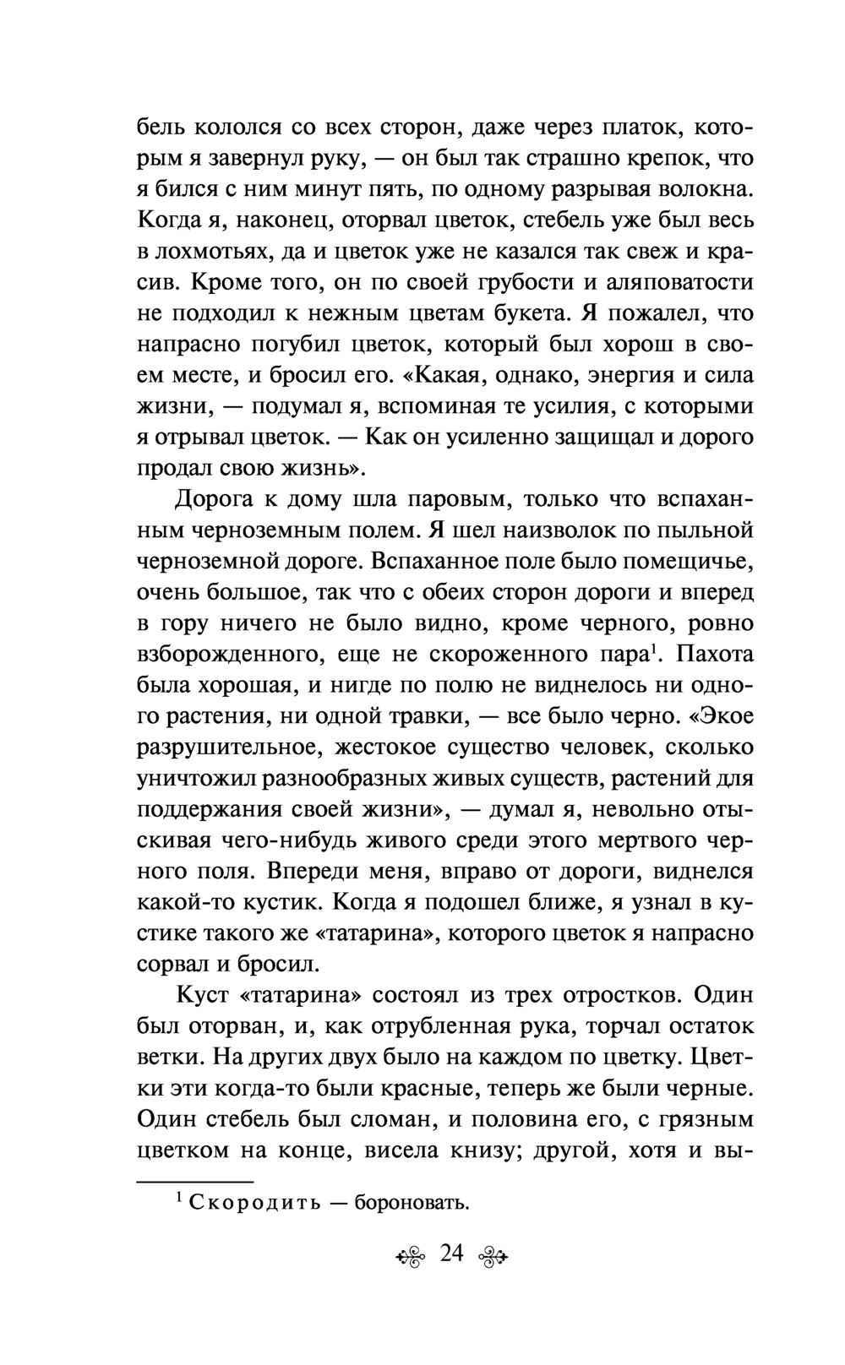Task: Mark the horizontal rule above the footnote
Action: point(195,1180)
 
